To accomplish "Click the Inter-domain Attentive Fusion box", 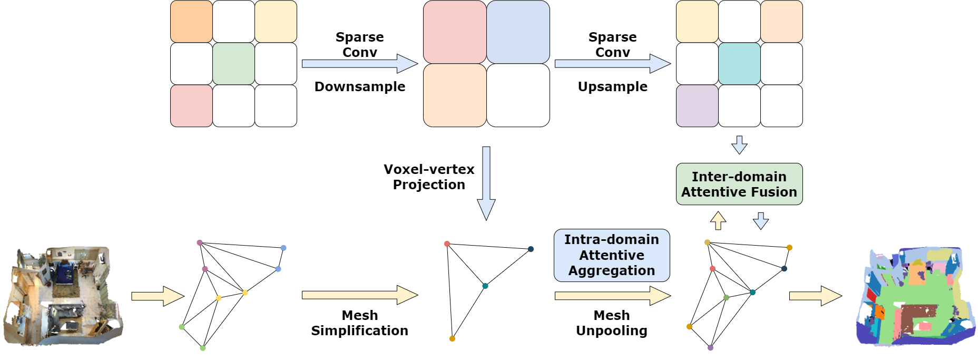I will coord(739,184).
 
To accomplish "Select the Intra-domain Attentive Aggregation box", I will coord(611,255).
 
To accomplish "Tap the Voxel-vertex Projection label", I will coord(429,177).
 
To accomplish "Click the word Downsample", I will coord(360,86).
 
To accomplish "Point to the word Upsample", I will coord(612,86).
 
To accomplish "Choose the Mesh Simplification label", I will coord(359,323).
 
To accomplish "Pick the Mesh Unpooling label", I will coord(611,323).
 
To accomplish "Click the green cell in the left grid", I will coord(233,64).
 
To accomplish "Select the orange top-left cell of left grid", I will coord(191,22).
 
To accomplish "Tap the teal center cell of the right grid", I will coord(739,64).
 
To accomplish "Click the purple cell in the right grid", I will coord(697,106).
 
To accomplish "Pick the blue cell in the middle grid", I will coord(518,32).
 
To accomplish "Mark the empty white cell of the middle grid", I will coord(518,95).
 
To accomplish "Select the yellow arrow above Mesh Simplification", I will coord(359,295).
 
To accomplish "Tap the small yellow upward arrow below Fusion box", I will coord(718,220).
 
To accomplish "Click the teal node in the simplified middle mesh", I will coord(485,286).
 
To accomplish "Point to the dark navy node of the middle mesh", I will coord(531,249).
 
